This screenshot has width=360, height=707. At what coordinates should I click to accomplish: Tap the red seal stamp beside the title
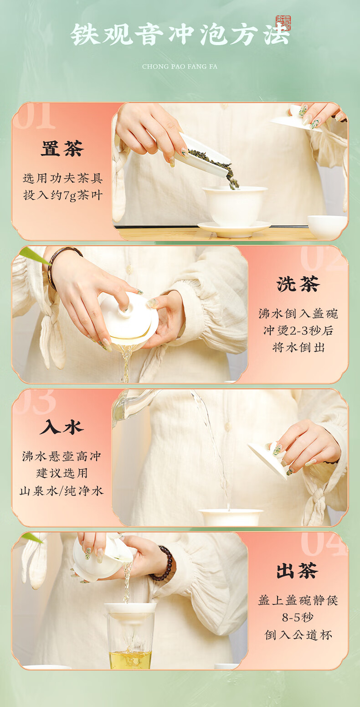coord(283,23)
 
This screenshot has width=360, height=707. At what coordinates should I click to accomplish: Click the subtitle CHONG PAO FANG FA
coord(180,67)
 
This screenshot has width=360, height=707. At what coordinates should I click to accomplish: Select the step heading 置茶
coord(62,148)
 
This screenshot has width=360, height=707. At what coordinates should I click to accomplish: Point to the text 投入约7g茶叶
coord(63,196)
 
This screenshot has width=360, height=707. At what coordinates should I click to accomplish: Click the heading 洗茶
coord(298,284)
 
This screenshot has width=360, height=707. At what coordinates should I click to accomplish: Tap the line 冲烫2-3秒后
coord(298,330)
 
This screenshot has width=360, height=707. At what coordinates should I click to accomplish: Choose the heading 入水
coord(62,427)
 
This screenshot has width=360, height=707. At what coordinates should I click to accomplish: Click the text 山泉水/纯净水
coord(62,491)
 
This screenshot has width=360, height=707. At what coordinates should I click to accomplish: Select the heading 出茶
coord(297,570)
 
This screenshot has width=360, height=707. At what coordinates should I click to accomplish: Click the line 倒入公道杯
coord(298,635)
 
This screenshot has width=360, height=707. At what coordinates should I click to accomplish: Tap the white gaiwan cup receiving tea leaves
coord(235,206)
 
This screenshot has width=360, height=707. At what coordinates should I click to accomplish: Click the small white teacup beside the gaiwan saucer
coord(327,227)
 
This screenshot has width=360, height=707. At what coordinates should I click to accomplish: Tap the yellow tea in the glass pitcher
coord(130,659)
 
